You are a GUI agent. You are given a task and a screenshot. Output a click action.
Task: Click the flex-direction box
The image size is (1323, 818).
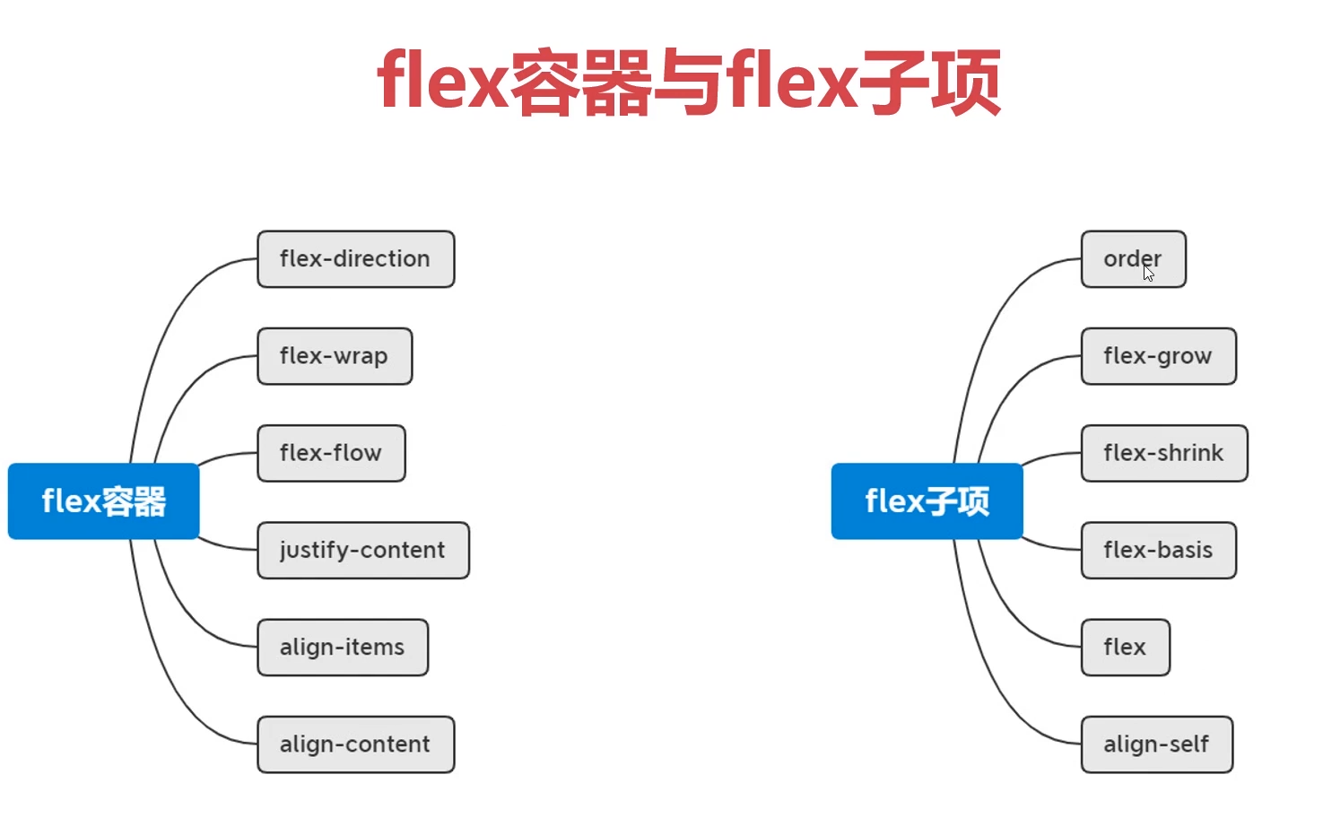click(x=355, y=259)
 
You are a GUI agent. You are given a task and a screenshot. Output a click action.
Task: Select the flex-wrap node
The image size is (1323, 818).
click(x=335, y=356)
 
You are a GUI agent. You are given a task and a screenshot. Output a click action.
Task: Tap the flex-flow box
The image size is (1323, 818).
click(x=331, y=453)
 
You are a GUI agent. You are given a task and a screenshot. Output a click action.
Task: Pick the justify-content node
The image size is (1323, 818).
click(x=362, y=550)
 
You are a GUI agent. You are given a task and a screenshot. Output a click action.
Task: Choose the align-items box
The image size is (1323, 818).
click(x=343, y=647)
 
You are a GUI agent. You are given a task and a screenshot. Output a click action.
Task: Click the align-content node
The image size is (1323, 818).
click(x=355, y=744)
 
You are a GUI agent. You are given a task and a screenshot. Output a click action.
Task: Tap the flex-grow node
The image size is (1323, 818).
click(x=1158, y=356)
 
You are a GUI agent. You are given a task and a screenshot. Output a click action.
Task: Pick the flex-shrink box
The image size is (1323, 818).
click(x=1163, y=453)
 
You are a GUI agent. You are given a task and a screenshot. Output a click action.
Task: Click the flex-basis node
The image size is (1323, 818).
click(x=1158, y=550)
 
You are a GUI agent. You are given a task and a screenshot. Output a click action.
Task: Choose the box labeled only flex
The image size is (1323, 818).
click(x=1125, y=647)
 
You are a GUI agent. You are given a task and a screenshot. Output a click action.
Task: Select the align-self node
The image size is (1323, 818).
click(x=1156, y=744)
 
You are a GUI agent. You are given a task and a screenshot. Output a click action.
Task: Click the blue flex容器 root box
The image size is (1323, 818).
click(x=103, y=500)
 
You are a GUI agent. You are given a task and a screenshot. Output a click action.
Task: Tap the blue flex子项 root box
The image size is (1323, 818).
click(x=927, y=500)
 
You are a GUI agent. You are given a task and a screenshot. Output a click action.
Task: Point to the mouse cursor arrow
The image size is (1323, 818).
click(x=1148, y=273)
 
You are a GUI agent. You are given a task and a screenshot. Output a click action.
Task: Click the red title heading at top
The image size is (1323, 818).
click(x=688, y=83)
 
